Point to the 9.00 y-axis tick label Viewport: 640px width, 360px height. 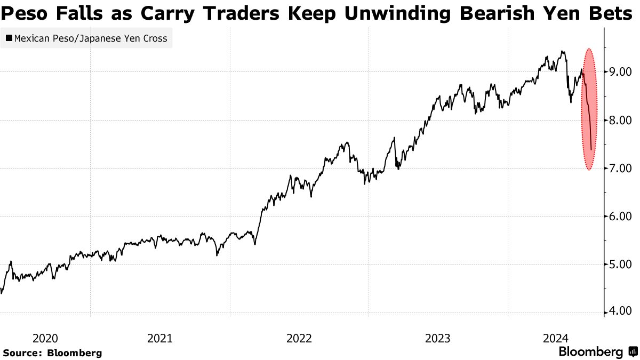pos(620,72)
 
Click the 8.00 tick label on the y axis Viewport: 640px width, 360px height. pos(620,120)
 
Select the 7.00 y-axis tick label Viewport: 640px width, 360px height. pos(620,168)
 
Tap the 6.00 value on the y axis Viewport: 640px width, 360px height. pos(620,216)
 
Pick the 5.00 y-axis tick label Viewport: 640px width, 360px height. pos(620,264)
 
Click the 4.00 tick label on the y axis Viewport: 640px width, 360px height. pos(620,312)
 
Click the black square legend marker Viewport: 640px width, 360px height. pos(9,38)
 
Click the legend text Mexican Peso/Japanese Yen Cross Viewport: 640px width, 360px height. pos(91,38)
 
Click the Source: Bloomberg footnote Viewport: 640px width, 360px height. pos(52,353)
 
